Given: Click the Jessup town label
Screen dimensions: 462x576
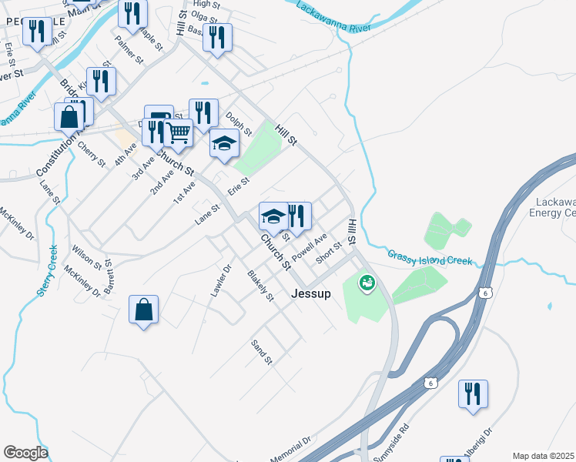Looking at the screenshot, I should click(x=311, y=293).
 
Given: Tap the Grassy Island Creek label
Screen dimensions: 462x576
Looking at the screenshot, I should click(x=429, y=258).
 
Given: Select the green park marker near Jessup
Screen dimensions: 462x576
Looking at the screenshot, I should click(x=366, y=284).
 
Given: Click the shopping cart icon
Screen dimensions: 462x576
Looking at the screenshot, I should click(x=179, y=132).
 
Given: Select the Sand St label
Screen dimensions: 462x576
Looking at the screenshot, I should click(x=263, y=350).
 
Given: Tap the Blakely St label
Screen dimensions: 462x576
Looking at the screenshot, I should click(x=260, y=285).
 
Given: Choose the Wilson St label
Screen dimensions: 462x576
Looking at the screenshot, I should click(x=87, y=256).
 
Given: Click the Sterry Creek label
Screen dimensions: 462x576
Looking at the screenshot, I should click(x=48, y=270).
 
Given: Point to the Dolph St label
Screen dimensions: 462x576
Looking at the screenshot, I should click(x=239, y=123).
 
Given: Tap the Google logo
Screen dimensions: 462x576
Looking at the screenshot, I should click(x=25, y=453).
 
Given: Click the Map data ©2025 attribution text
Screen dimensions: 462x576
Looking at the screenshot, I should click(x=544, y=456).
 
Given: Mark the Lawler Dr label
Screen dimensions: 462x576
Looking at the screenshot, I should click(x=221, y=281).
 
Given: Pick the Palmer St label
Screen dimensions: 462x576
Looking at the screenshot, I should click(x=129, y=48).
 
